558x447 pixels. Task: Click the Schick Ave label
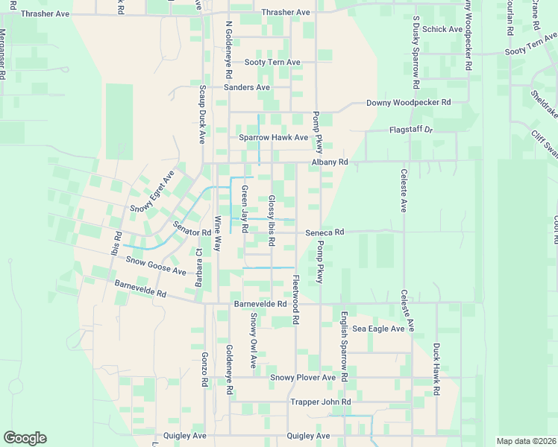(x=442, y=29)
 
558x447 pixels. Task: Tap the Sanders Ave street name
(x=247, y=87)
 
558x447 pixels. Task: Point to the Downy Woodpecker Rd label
(x=409, y=102)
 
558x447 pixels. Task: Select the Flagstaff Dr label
(x=411, y=130)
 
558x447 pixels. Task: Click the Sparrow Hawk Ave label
(x=273, y=137)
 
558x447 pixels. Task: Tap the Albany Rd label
(x=330, y=162)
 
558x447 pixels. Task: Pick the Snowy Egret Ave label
(x=151, y=191)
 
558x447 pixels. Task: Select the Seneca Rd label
(x=325, y=232)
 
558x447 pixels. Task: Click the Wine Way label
(x=218, y=232)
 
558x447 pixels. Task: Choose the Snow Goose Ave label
(x=156, y=265)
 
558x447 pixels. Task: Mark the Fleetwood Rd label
(x=295, y=299)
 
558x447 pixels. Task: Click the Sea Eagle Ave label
(x=378, y=328)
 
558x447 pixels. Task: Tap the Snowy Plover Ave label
(x=303, y=378)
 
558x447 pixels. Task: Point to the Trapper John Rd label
(x=320, y=402)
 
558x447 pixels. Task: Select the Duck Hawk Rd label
(x=436, y=370)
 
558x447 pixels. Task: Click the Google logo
(x=25, y=438)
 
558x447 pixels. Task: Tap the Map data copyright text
(x=526, y=441)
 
